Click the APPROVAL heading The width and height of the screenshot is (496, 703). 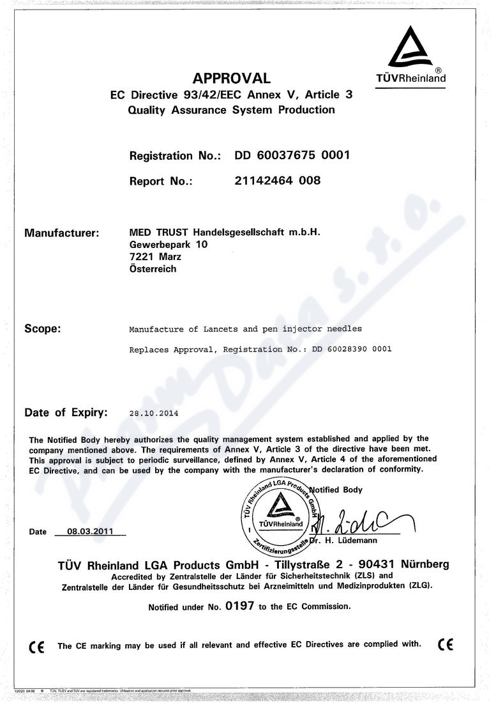click(x=232, y=78)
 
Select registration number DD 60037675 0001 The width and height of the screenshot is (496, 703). click(x=292, y=155)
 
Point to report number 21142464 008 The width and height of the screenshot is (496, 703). click(x=278, y=180)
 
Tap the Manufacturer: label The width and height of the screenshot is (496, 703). click(x=61, y=233)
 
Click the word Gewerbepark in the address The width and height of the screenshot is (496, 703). click(x=160, y=244)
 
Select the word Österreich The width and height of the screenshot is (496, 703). click(x=153, y=269)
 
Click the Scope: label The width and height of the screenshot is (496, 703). click(x=42, y=329)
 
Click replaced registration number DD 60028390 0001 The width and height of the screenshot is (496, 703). click(x=351, y=350)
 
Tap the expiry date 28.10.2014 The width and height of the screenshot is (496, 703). click(x=154, y=413)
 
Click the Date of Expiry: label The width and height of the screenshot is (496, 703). click(x=66, y=412)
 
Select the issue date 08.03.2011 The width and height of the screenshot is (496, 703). click(x=90, y=531)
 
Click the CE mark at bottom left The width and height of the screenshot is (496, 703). click(x=36, y=646)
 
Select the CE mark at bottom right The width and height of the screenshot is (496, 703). click(x=446, y=644)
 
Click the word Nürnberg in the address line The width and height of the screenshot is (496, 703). click(x=425, y=564)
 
